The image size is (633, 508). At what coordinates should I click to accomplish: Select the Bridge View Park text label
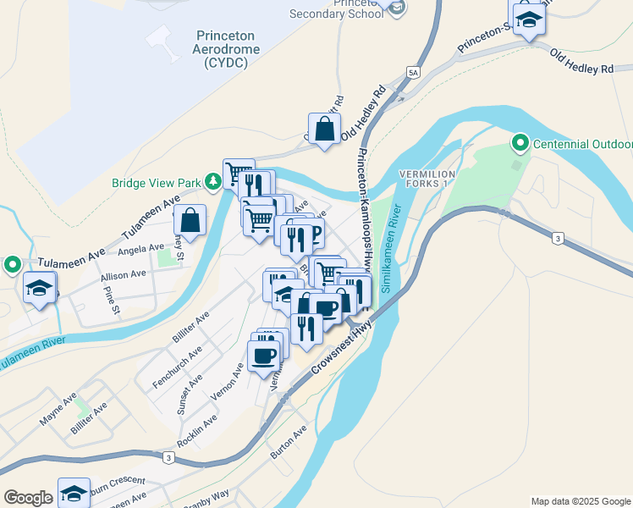click(x=159, y=182)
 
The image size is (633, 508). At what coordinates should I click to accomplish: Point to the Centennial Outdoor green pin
click(x=520, y=145)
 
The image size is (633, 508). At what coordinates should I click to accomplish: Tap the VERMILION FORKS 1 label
click(x=427, y=179)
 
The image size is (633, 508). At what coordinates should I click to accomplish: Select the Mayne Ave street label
click(x=58, y=408)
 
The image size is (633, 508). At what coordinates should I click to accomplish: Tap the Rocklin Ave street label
click(x=197, y=430)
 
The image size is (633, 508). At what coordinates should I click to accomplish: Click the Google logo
click(x=27, y=497)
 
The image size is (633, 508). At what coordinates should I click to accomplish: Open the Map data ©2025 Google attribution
click(x=580, y=501)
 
